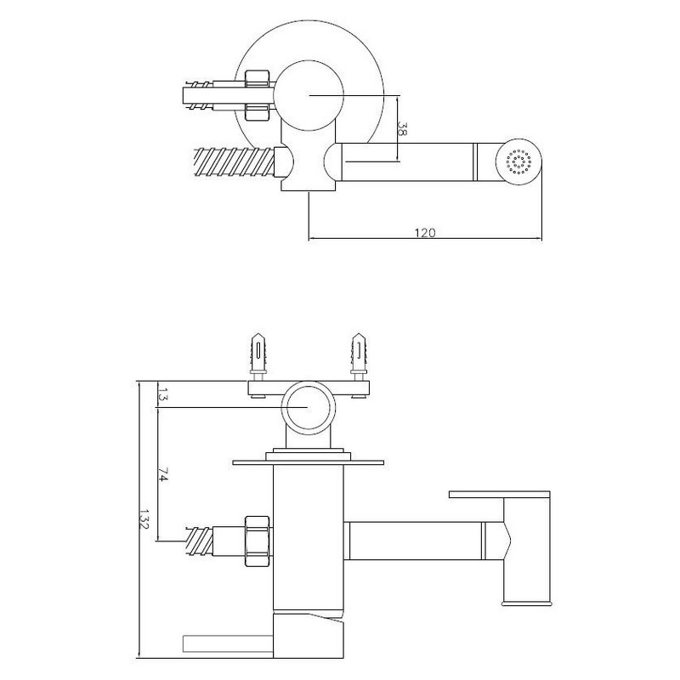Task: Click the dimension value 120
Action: tap(425, 233)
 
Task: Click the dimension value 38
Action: tap(402, 129)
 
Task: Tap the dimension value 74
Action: tap(161, 474)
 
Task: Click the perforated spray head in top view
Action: tap(519, 161)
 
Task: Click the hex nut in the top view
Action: tap(258, 95)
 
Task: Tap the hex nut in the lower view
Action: tap(258, 541)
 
